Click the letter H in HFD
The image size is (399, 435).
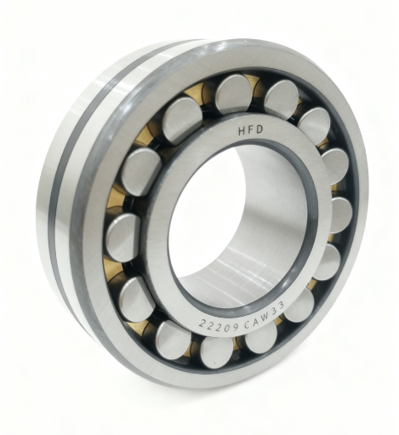coord(242,131)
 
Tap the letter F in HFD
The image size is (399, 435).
coord(251,130)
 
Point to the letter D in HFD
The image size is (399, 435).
coord(259,129)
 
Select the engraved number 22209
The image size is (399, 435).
coord(219,327)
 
